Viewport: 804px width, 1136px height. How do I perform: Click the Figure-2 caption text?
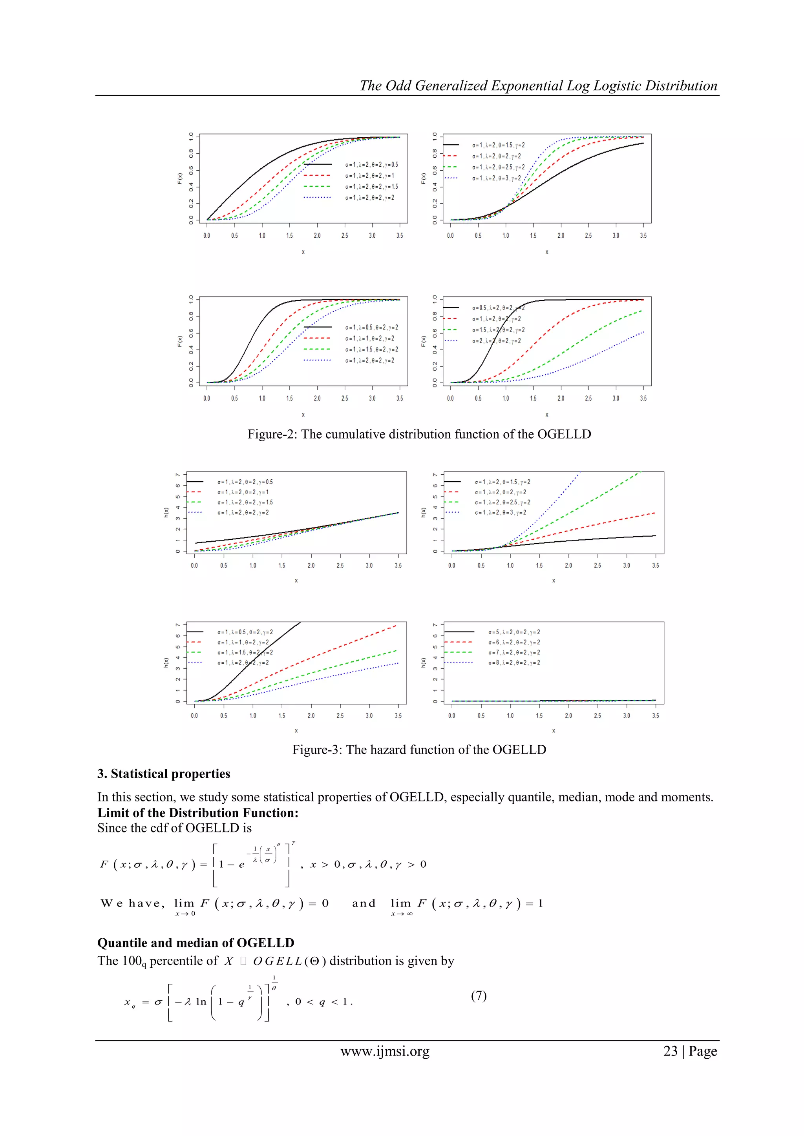pyautogui.click(x=419, y=434)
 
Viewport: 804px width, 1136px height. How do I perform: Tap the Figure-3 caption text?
pyautogui.click(x=419, y=750)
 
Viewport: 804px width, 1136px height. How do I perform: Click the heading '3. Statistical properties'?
pyautogui.click(x=164, y=774)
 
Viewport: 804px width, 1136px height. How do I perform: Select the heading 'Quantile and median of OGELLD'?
pyautogui.click(x=196, y=943)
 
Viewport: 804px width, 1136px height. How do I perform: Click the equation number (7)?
pyautogui.click(x=478, y=996)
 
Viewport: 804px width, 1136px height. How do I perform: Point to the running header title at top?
pyautogui.click(x=538, y=86)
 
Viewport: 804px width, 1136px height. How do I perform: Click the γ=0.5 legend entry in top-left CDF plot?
pyautogui.click(x=371, y=165)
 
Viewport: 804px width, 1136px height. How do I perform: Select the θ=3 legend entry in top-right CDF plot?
pyautogui.click(x=496, y=178)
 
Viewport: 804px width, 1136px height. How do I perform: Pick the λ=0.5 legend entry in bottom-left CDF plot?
pyautogui.click(x=371, y=328)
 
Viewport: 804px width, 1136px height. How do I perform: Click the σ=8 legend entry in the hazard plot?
pyautogui.click(x=514, y=663)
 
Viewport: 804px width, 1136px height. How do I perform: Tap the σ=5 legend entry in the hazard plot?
pyautogui.click(x=514, y=632)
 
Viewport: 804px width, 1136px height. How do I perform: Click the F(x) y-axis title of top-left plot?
pyautogui.click(x=180, y=178)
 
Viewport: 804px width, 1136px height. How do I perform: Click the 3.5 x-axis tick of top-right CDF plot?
pyautogui.click(x=643, y=235)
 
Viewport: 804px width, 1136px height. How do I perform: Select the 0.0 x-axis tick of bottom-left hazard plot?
pyautogui.click(x=195, y=715)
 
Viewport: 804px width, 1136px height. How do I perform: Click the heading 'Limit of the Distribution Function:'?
pyautogui.click(x=197, y=813)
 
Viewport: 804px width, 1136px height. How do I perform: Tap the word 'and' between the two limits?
pyautogui.click(x=364, y=903)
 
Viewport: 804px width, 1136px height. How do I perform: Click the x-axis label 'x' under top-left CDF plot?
pyautogui.click(x=303, y=252)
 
